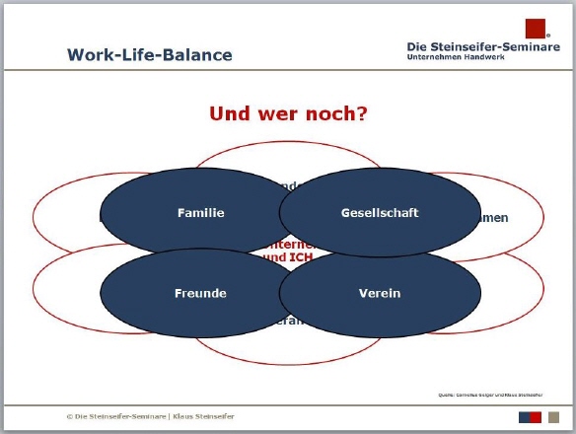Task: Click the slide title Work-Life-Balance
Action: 150,55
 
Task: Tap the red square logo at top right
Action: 536,28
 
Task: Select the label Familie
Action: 201,213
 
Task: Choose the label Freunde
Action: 201,293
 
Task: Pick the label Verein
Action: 380,293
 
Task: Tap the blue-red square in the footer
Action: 532,416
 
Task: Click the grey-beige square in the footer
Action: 553,416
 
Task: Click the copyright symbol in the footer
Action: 68,416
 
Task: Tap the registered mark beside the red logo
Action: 548,37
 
